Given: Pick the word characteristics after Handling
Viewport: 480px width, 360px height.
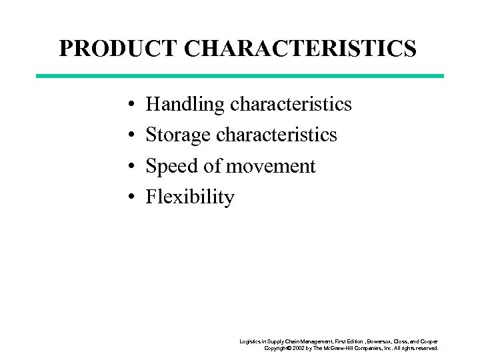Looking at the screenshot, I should point(291,104).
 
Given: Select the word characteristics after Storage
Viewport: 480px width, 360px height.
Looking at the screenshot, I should point(277,135).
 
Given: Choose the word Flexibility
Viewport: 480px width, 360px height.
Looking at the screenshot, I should point(190,197).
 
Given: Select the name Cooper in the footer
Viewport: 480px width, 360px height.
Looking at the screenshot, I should point(427,341).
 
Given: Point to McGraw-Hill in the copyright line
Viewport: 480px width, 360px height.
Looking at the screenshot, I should point(344,348).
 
